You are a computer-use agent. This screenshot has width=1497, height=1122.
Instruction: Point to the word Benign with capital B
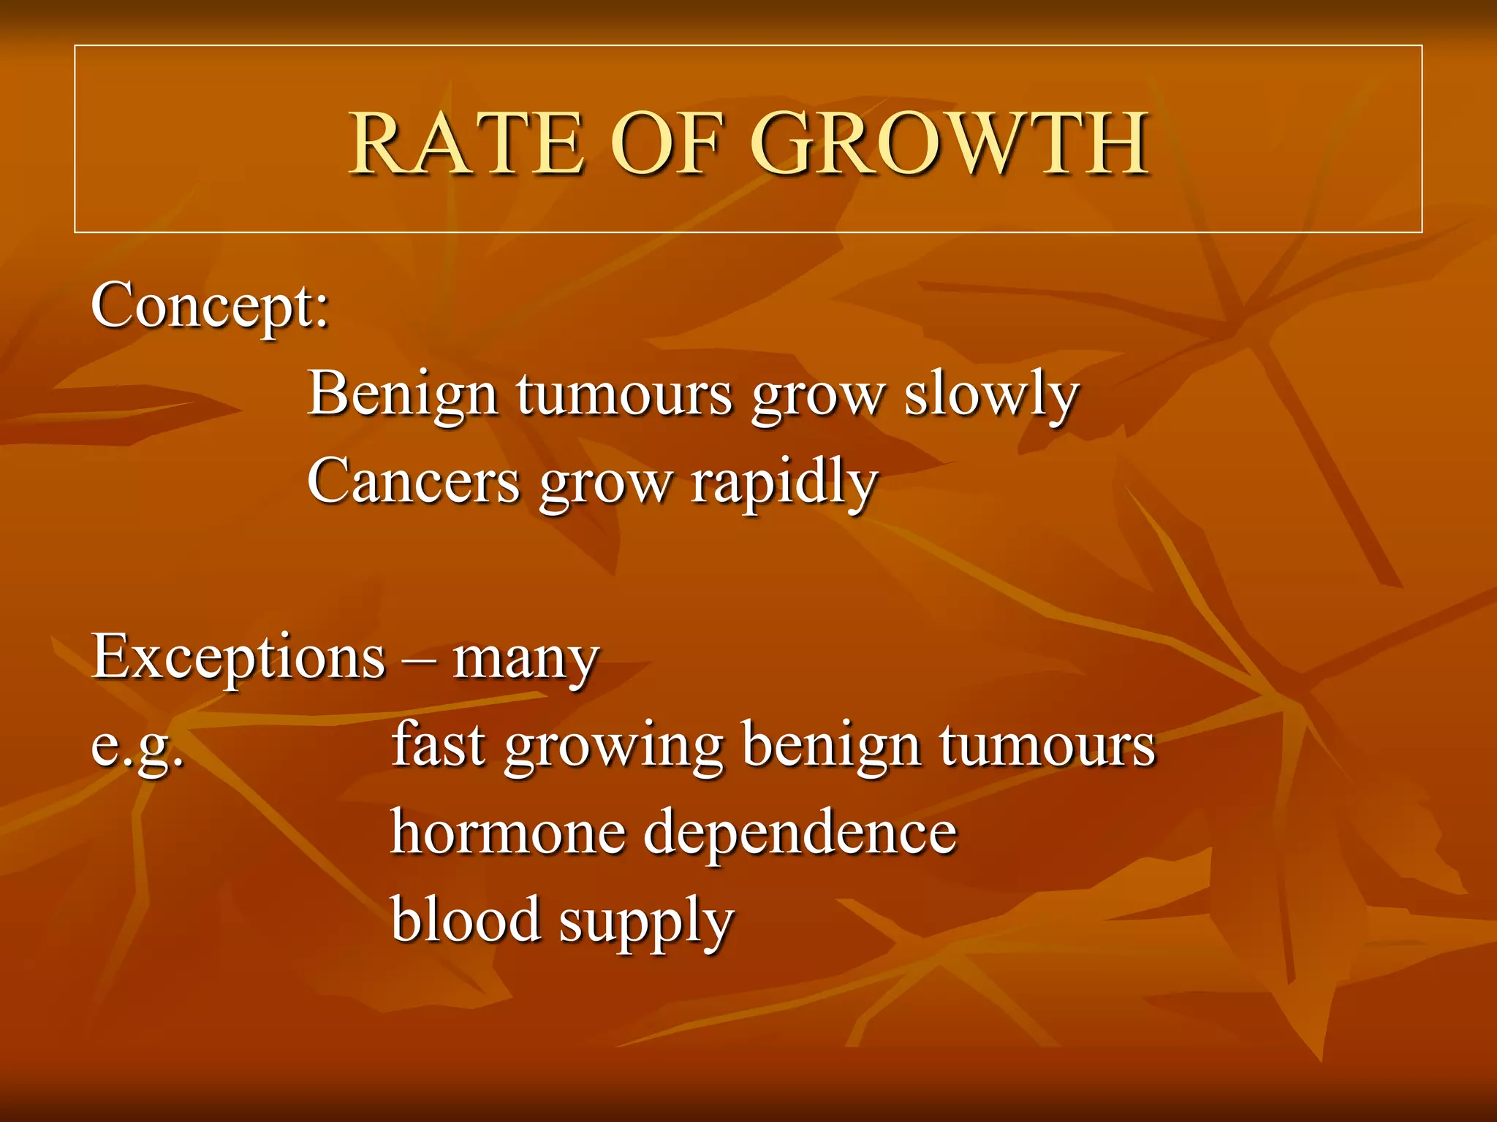coord(401,395)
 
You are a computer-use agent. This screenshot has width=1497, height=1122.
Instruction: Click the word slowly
coord(991,395)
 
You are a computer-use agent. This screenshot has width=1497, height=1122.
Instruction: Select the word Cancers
coord(413,482)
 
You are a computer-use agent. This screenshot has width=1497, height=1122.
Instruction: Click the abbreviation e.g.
coord(137,747)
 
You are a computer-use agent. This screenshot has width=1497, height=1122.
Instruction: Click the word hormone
coord(507,832)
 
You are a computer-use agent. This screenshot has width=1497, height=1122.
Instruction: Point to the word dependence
coord(800,832)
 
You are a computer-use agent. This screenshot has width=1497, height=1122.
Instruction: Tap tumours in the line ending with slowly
coord(624,395)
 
